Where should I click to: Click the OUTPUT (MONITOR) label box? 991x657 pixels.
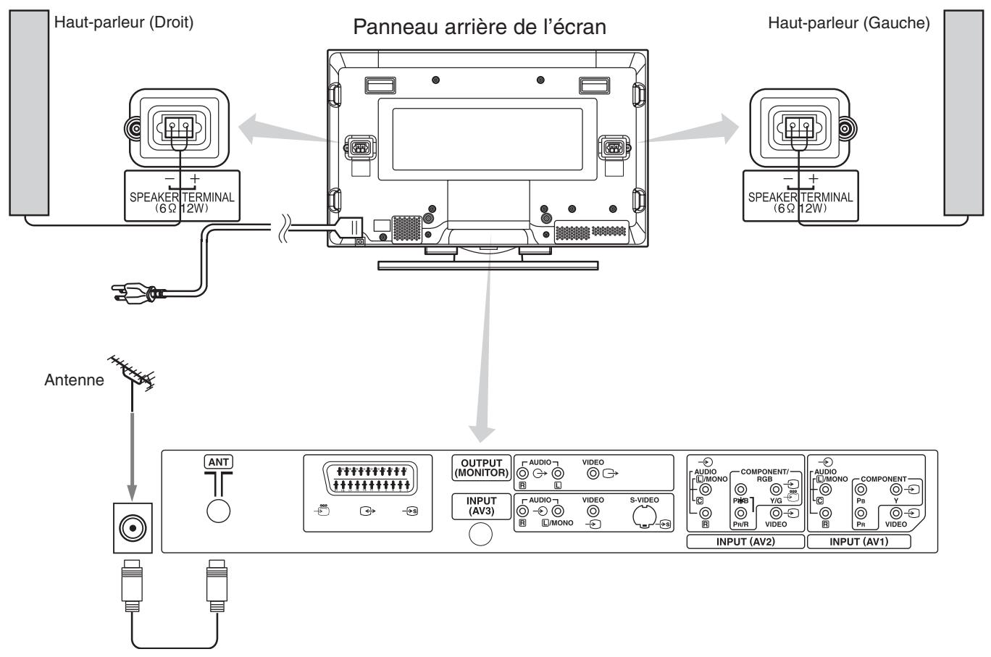click(480, 469)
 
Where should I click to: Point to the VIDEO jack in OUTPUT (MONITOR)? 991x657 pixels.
click(593, 474)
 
